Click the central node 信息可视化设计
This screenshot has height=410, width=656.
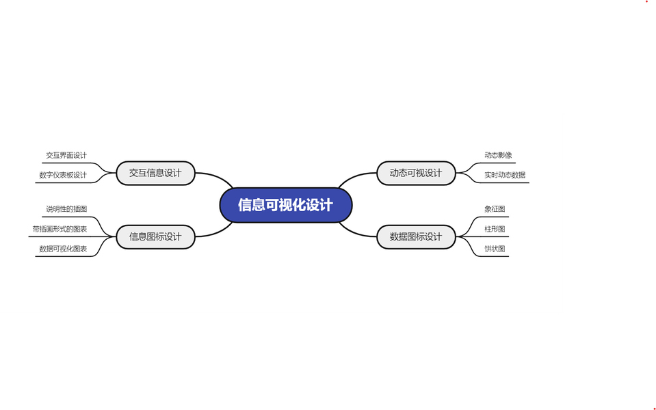click(x=285, y=205)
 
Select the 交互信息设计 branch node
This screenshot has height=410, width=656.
click(x=155, y=173)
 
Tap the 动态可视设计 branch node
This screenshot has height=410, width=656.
click(x=415, y=173)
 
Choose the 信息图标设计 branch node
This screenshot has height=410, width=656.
click(x=155, y=236)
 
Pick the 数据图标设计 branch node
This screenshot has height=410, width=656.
click(x=415, y=236)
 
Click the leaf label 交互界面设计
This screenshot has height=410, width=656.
click(x=66, y=156)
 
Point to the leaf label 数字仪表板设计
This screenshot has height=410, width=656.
click(x=63, y=175)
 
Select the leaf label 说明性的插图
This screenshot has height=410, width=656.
click(x=66, y=208)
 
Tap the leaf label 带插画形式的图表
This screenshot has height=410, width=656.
click(x=60, y=229)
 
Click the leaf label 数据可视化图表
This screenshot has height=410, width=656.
click(x=63, y=249)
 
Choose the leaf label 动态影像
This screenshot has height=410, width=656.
click(x=498, y=156)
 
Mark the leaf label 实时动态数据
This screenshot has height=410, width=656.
click(x=505, y=175)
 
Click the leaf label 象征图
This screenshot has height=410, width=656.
click(x=495, y=208)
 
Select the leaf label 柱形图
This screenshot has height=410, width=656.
click(x=495, y=229)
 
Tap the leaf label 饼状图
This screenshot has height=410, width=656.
click(x=495, y=249)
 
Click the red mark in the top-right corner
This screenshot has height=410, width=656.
click(x=646, y=2)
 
